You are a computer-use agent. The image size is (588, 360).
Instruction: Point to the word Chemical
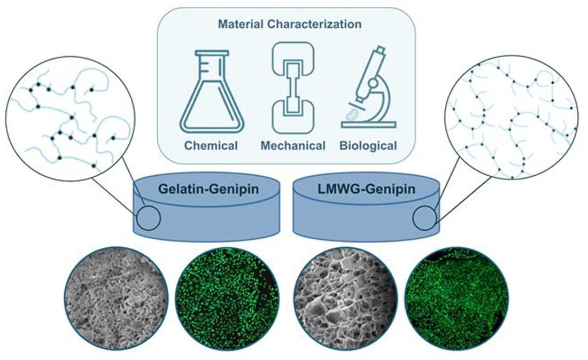[x=211, y=145]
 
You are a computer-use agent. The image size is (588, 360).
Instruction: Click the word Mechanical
[x=293, y=145]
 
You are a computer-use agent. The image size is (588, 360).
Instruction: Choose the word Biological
[x=368, y=145]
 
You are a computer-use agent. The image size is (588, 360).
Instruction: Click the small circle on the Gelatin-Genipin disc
[x=149, y=218]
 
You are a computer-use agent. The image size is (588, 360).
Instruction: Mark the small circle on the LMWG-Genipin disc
[x=425, y=218]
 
